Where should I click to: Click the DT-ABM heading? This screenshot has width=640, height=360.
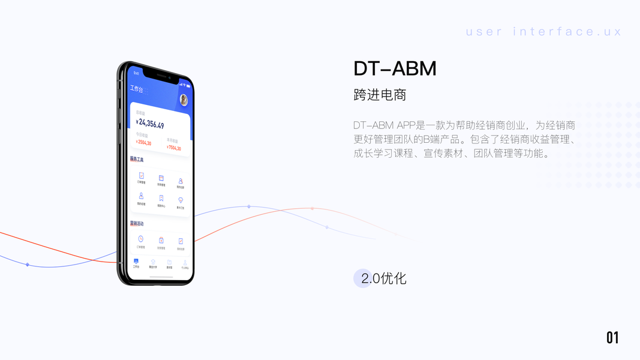pyautogui.click(x=395, y=69)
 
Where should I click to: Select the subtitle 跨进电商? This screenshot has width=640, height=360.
pyautogui.click(x=380, y=95)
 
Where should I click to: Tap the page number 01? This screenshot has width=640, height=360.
pyautogui.click(x=612, y=338)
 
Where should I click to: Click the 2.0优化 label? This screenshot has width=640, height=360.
pyautogui.click(x=384, y=278)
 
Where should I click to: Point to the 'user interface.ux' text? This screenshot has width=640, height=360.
pyautogui.click(x=543, y=32)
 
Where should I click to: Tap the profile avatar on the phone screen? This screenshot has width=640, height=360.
pyautogui.click(x=184, y=100)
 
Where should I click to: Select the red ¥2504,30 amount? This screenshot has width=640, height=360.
pyautogui.click(x=143, y=143)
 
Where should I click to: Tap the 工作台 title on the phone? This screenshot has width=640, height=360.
pyautogui.click(x=137, y=89)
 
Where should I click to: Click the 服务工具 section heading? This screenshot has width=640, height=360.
pyautogui.click(x=137, y=160)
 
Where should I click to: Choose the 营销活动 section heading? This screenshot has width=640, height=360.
pyautogui.click(x=137, y=223)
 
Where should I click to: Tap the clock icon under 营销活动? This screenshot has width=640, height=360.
pyautogui.click(x=140, y=239)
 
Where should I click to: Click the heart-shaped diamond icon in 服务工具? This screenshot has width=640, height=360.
pyautogui.click(x=181, y=200)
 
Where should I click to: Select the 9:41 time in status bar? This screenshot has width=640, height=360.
pyautogui.click(x=136, y=73)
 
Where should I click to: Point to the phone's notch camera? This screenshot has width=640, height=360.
pyautogui.click(x=169, y=77)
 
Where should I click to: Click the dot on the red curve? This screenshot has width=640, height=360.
pyautogui.click(x=312, y=208)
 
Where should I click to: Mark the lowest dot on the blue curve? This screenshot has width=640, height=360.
pyautogui.click(x=27, y=264)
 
